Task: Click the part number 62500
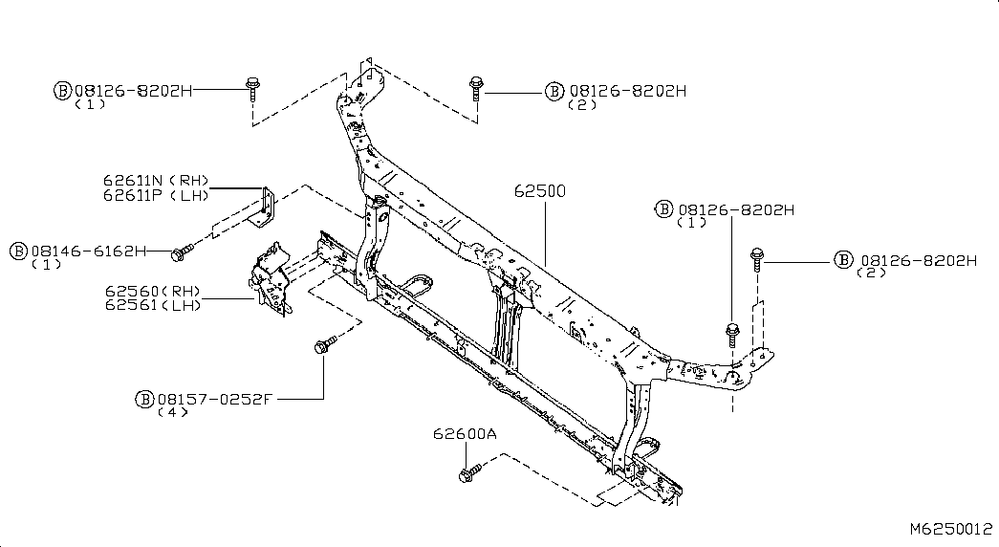(539, 191)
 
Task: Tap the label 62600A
(465, 433)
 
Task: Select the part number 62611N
(134, 180)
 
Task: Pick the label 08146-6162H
(88, 252)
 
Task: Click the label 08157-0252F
(216, 399)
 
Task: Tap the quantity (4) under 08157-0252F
(172, 412)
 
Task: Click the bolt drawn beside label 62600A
(470, 471)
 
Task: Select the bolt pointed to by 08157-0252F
(323, 344)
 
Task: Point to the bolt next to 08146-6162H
(181, 252)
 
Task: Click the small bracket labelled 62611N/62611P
(267, 210)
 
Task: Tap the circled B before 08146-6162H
(19, 252)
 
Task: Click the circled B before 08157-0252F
(146, 399)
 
